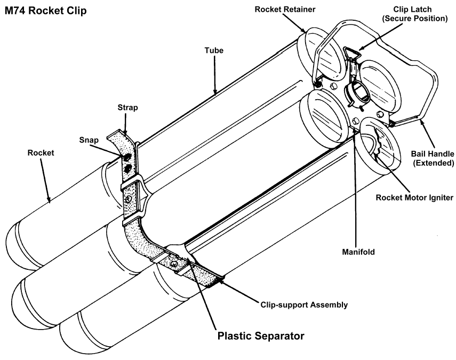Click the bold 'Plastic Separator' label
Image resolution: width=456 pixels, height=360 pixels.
tap(261, 337)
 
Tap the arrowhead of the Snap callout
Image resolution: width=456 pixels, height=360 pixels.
tap(124, 156)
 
